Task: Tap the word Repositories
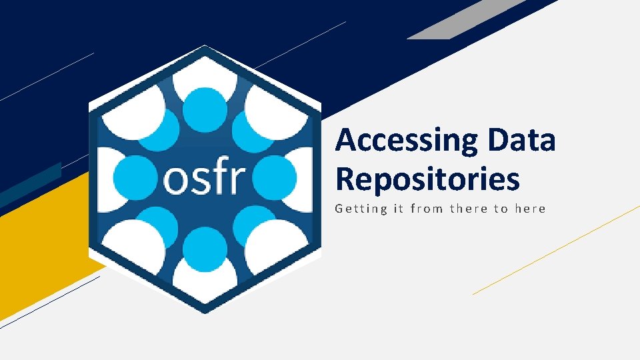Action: pyautogui.click(x=427, y=179)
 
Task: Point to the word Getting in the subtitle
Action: pyautogui.click(x=361, y=209)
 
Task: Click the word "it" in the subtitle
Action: pyautogui.click(x=398, y=209)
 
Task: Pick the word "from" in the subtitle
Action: pyautogui.click(x=427, y=209)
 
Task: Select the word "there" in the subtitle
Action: pyautogui.click(x=469, y=209)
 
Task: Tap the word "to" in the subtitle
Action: pyautogui.click(x=501, y=209)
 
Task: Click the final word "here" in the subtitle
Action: pyautogui.click(x=531, y=209)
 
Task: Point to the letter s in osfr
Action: pyautogui.click(x=198, y=179)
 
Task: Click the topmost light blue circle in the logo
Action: pyautogui.click(x=204, y=109)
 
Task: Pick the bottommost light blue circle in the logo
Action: pyautogui.click(x=204, y=247)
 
